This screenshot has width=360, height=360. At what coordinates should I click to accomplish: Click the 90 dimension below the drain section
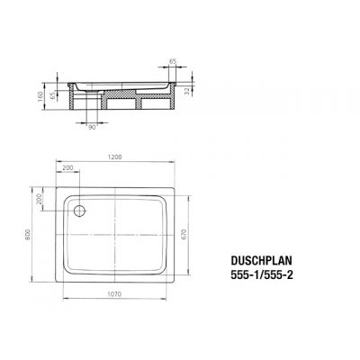tap(92, 126)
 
